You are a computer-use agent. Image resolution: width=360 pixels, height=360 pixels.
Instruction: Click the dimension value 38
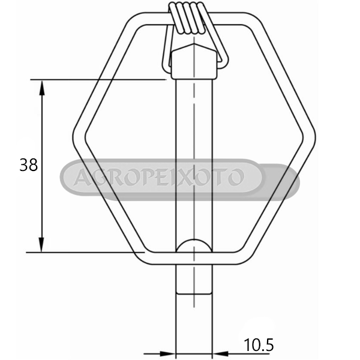[x=28, y=164]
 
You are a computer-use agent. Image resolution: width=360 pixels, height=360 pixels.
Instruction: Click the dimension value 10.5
[x=259, y=345]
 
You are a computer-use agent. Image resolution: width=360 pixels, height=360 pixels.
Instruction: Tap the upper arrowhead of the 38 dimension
[x=41, y=88]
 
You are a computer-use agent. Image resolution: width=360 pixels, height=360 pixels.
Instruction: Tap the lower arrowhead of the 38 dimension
[x=41, y=245]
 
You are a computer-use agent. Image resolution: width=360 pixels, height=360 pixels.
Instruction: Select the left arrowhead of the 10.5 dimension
[x=167, y=353]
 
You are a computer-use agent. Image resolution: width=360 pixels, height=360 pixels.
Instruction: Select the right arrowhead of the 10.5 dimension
[x=220, y=353]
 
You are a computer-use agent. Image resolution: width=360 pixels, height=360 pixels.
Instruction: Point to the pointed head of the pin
[x=194, y=61]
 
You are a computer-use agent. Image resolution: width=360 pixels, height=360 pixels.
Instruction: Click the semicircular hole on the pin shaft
[x=194, y=245]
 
